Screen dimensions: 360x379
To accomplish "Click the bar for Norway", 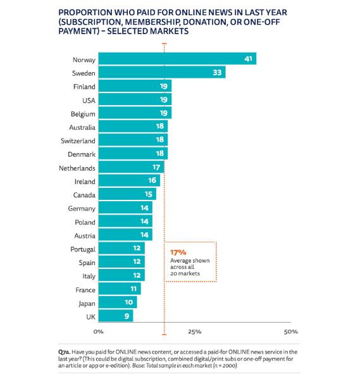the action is [177, 59].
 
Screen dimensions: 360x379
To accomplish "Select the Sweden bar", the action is [162, 72].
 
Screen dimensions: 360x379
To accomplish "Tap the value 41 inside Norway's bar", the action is [248, 59].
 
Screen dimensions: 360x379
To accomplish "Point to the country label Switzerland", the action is [78, 140].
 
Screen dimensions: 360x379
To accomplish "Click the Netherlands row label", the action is [77, 168].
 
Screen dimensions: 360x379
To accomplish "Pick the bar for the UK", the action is [116, 316].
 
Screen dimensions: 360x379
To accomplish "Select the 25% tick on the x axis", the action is [195, 332].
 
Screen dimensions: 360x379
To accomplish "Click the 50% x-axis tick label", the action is [291, 332].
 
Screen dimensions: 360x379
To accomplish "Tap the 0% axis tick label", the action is [99, 332].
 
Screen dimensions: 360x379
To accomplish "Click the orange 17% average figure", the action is [178, 252].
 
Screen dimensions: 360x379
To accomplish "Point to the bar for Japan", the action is [118, 302].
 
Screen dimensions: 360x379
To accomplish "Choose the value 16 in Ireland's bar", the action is [152, 180].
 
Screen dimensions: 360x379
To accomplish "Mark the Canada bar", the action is [127, 194].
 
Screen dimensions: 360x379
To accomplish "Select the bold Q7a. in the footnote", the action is [64, 352].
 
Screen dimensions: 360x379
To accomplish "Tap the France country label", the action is [85, 290].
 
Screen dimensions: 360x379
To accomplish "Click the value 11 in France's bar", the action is [133, 289].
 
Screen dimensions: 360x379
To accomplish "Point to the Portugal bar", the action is [121, 248].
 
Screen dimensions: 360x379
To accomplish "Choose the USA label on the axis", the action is [89, 101].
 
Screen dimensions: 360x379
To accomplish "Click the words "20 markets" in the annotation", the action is [185, 273].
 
